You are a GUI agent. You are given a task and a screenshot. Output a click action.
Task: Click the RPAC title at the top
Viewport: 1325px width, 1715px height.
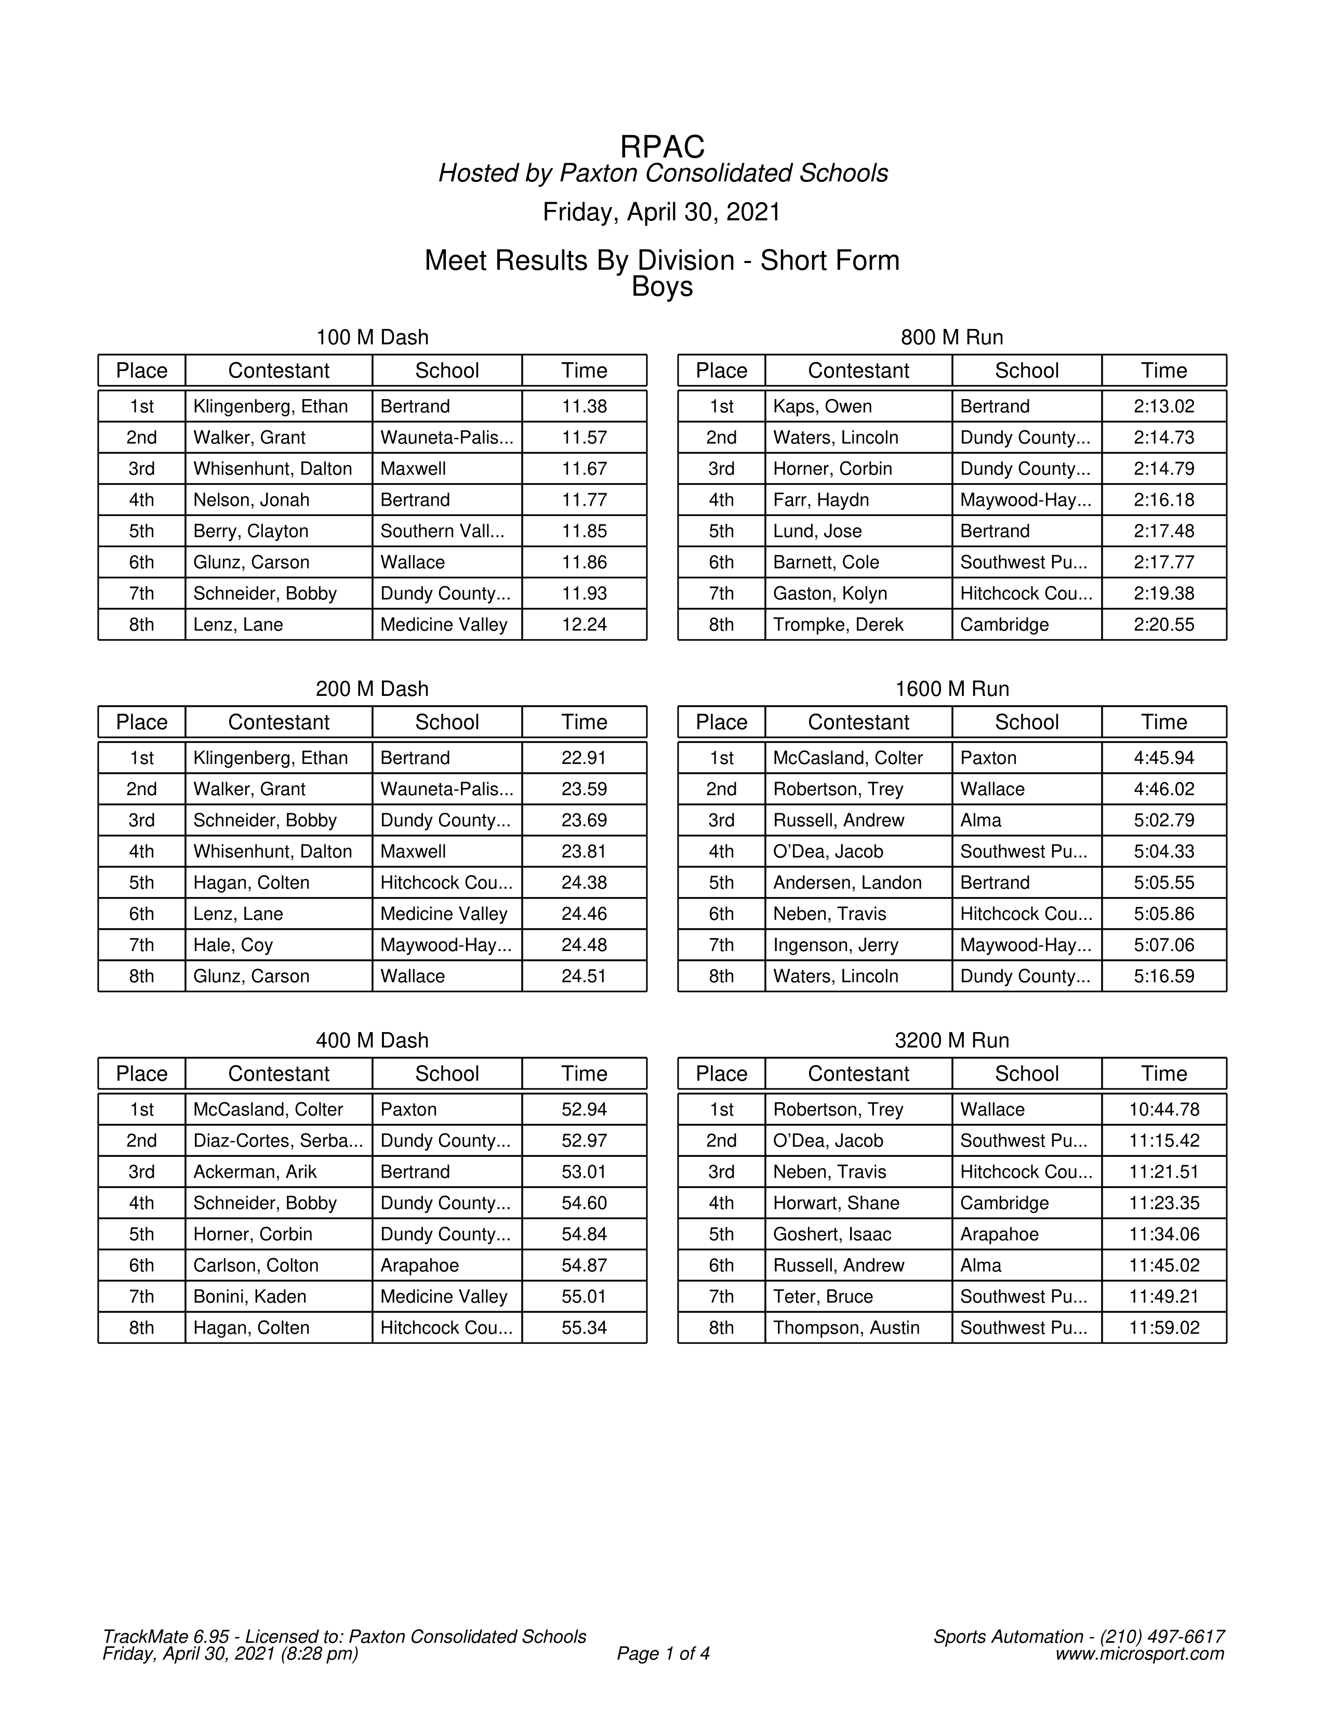coord(661,147)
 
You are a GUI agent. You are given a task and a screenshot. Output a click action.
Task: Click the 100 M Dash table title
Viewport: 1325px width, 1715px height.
coord(372,338)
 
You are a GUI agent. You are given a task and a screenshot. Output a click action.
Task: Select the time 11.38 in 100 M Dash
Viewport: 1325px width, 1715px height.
coord(584,407)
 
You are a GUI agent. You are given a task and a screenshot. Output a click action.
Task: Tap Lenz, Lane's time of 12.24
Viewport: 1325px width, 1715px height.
coord(584,625)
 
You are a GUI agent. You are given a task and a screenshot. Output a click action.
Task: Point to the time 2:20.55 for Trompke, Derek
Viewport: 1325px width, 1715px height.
coord(1163,625)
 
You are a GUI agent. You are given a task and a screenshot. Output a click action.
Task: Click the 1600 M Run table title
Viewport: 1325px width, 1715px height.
coord(951,690)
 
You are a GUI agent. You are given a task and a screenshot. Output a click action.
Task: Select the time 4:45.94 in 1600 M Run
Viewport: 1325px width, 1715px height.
coord(1163,759)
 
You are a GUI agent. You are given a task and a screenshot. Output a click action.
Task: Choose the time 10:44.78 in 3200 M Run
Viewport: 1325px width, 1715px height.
coord(1163,1110)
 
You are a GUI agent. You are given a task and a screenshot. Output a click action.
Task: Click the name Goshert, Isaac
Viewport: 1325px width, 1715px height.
coord(832,1234)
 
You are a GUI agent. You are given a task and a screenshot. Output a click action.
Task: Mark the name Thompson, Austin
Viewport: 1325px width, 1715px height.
coord(846,1328)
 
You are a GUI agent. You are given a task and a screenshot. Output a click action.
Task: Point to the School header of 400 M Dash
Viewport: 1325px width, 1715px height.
coord(447,1074)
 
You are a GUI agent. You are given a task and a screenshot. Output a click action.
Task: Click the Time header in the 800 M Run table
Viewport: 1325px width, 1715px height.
coord(1163,371)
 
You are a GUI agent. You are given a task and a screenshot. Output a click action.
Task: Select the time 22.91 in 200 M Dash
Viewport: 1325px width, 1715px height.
coord(584,759)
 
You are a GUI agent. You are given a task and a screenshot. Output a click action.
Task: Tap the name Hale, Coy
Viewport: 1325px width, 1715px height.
coord(233,945)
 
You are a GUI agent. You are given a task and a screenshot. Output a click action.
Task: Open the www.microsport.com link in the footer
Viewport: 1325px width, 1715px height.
coord(1139,1655)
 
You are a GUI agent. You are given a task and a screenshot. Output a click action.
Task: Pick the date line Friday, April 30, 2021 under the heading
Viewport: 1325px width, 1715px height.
coord(661,213)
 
